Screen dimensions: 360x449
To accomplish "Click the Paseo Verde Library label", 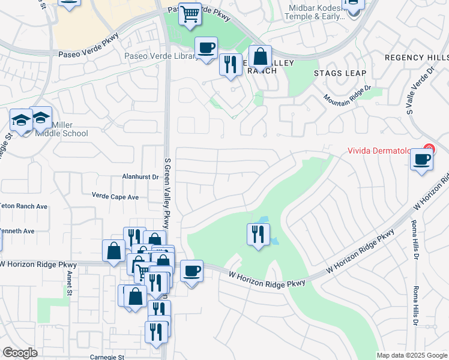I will coord(160,56).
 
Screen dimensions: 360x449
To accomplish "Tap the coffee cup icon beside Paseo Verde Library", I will coord(206,47).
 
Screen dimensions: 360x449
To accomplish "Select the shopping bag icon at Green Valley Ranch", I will coord(260,57).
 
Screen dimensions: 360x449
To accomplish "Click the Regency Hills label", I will coord(417,58).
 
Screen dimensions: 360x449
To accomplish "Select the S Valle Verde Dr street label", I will coord(419,90).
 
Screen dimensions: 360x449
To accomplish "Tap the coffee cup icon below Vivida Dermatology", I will coord(422,160).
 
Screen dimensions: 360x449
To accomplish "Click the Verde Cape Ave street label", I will coord(115,196).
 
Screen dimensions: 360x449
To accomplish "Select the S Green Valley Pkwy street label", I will coord(167,188).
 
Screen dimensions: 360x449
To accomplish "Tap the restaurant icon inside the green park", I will coord(258,233).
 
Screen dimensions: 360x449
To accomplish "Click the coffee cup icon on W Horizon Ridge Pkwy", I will coord(191,271).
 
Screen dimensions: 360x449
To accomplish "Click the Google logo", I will coord(20,353).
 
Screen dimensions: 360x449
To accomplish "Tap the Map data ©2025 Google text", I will coord(411,355).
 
